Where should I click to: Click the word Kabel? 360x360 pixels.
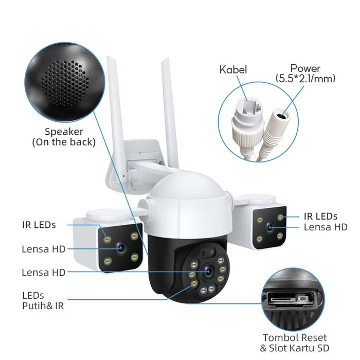coord(233,69)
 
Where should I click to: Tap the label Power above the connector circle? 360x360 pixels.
coord(305,68)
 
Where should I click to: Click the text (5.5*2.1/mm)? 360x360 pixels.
coord(305,79)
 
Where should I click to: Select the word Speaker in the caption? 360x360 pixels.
coord(64,132)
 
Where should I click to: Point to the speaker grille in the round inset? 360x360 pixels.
coord(65,83)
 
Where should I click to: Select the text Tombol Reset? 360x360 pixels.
coord(295,338)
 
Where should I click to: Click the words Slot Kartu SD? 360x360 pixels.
coord(299,348)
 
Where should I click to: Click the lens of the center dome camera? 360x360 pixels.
coord(208,272)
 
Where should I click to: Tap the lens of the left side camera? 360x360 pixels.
coord(120,248)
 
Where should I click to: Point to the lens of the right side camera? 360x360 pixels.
coord(270,228)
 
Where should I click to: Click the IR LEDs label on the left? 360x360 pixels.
coord(39,225)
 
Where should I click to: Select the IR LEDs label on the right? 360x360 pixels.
coord(320,217)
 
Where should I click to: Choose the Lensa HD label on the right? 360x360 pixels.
coord(326,227)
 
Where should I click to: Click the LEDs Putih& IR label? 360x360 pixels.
coord(43,300)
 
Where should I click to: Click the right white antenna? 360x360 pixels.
coord(170,113)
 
